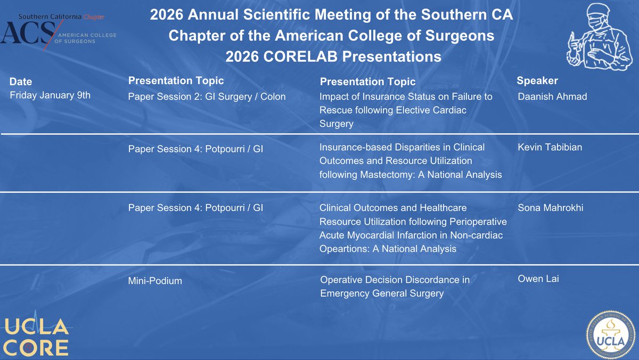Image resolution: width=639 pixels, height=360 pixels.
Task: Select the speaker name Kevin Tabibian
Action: (550, 147)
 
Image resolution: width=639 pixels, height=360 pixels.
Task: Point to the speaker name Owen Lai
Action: (538, 279)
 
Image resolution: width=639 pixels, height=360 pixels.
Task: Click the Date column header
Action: (21, 81)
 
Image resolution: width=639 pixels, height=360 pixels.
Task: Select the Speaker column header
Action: (537, 81)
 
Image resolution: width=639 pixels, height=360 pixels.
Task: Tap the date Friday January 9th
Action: (51, 96)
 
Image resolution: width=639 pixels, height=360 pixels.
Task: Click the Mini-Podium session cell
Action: (155, 281)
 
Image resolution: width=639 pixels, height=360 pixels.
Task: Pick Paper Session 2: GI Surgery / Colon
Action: (207, 97)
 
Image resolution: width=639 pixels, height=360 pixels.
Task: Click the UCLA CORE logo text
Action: (36, 337)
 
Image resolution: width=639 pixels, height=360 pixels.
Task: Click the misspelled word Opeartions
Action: (343, 249)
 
